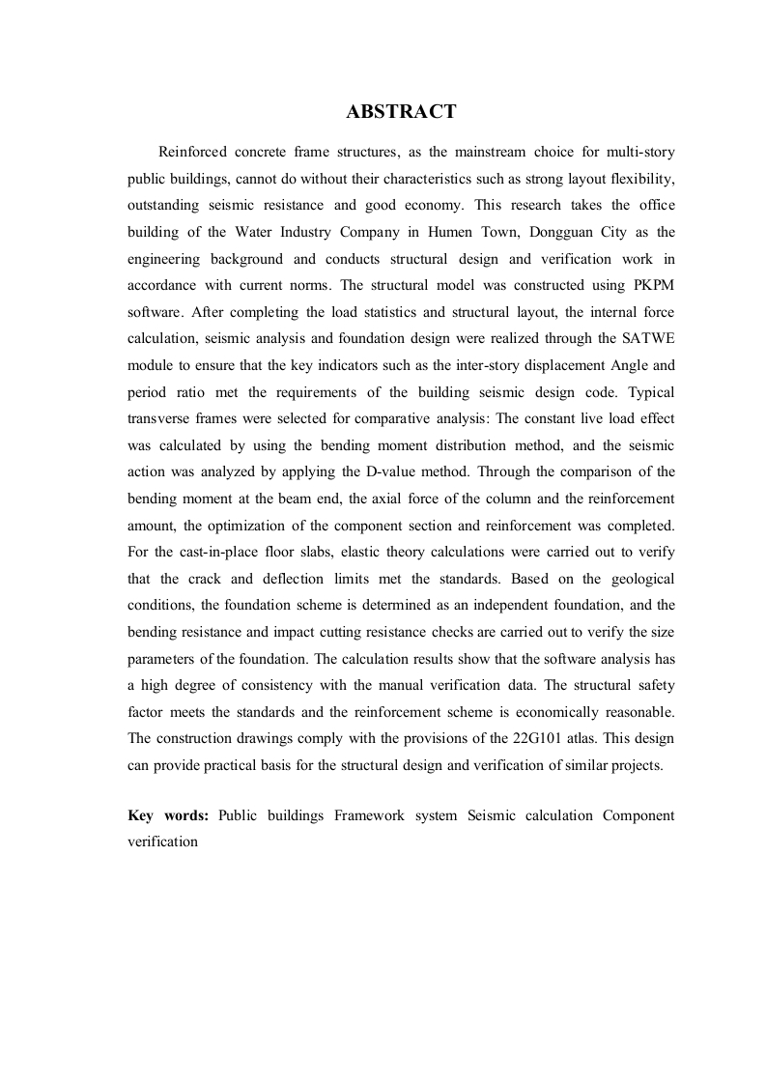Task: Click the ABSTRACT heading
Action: (401, 113)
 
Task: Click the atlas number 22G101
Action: (547, 737)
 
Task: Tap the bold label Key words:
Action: (168, 814)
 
